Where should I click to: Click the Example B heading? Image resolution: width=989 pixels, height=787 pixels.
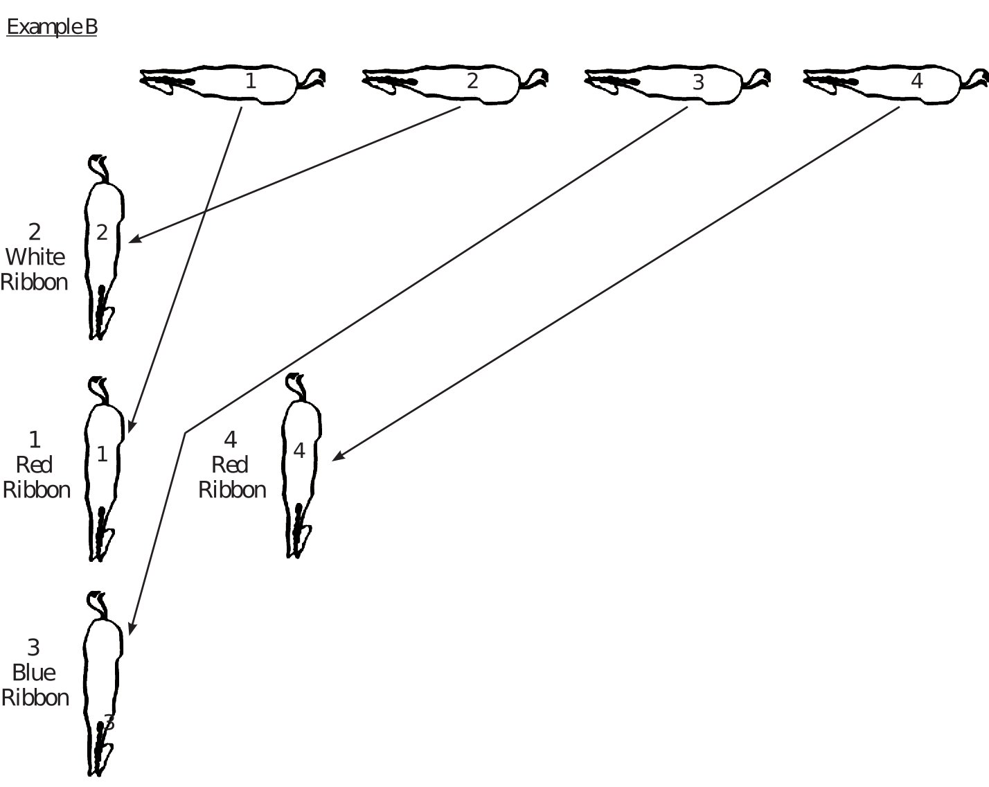(52, 27)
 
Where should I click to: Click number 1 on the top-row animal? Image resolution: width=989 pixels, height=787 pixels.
(251, 81)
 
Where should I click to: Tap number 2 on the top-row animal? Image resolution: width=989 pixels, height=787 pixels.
(472, 81)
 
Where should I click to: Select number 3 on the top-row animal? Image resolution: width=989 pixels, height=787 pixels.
(698, 82)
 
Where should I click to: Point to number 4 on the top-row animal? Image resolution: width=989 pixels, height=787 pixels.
(916, 81)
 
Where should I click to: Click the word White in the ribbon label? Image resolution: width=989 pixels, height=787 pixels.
(35, 257)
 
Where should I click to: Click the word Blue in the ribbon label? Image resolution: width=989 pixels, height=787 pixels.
(34, 673)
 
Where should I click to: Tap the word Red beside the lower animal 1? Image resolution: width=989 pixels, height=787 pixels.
(34, 465)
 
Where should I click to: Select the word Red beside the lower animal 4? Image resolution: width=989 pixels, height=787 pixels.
(230, 465)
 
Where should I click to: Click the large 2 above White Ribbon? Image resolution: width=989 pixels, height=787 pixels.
(34, 231)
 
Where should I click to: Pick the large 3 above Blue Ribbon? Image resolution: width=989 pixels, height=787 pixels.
(33, 647)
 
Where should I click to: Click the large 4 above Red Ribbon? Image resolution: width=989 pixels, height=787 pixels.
(231, 439)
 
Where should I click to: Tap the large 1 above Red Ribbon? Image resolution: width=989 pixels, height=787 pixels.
(34, 439)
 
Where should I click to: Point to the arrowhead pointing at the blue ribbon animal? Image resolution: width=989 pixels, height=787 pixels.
(131, 631)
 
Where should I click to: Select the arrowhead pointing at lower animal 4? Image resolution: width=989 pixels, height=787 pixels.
(335, 458)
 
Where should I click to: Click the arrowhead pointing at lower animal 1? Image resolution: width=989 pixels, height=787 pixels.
(131, 428)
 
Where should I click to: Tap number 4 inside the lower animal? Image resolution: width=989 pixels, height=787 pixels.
(299, 451)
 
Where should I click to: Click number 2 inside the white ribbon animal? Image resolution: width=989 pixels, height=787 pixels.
(102, 233)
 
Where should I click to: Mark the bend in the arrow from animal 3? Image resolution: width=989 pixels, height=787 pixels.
(185, 433)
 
